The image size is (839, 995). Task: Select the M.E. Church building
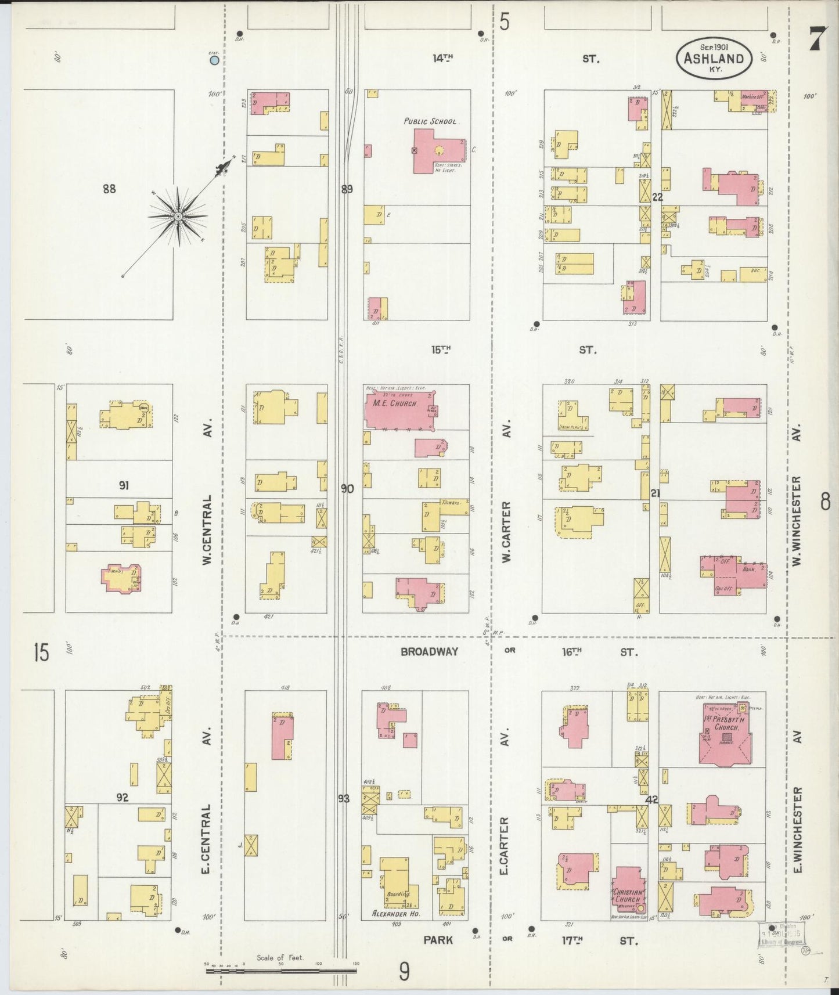tap(398, 410)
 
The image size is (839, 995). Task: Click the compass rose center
tap(178, 217)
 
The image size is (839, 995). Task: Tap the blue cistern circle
tap(214, 60)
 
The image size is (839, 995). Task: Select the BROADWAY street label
tap(429, 652)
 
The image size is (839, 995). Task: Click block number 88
tap(109, 188)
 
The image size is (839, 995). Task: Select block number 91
tap(123, 485)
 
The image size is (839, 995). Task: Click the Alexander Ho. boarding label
tap(395, 914)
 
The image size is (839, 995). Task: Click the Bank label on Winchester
tap(749, 569)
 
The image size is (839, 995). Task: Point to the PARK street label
tap(438, 939)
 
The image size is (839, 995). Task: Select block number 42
tap(651, 799)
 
